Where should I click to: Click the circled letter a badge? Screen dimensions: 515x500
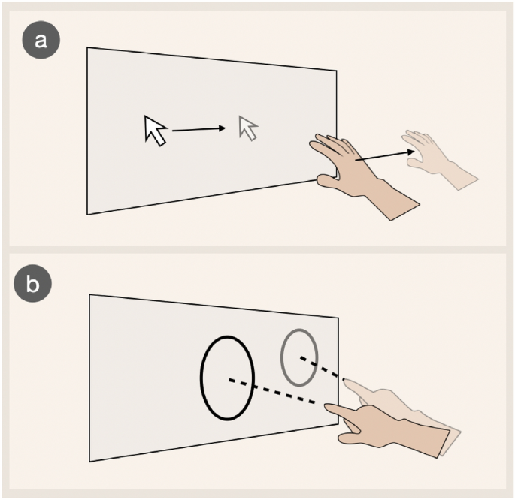click(x=41, y=40)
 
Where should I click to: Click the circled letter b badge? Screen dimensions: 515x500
click(x=32, y=283)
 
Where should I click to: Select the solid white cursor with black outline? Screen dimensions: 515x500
click(x=155, y=131)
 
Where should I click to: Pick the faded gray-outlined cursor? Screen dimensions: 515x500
click(x=249, y=128)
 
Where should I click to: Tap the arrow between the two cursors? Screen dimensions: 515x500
click(x=199, y=130)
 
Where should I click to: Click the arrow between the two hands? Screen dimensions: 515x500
click(x=385, y=155)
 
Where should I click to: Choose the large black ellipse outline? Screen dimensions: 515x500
click(x=200, y=377)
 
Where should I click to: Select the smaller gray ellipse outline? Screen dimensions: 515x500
click(x=281, y=357)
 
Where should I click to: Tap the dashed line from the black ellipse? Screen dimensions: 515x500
click(x=272, y=391)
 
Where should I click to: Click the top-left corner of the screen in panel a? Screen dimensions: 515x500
click(x=87, y=47)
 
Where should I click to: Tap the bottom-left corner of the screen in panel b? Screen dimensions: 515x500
click(x=89, y=462)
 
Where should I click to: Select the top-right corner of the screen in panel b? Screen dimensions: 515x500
click(x=338, y=318)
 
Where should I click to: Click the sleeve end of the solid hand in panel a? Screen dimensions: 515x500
click(x=406, y=212)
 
